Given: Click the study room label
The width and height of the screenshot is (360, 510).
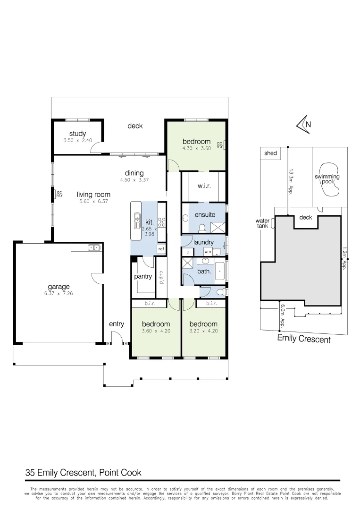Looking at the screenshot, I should tap(77, 134).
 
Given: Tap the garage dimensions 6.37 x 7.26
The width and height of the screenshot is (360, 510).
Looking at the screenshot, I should tap(59, 293).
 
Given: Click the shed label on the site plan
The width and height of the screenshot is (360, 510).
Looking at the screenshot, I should tap(270, 153).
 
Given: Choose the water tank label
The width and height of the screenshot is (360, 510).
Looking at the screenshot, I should tap(262, 223).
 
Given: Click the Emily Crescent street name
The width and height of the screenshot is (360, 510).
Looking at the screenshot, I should tap(303, 339).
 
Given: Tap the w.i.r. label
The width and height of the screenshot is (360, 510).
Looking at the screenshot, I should tap(204, 186).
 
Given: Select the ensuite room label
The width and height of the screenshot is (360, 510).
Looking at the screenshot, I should tap(205, 214).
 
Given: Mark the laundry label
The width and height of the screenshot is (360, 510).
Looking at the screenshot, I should tap(204, 242).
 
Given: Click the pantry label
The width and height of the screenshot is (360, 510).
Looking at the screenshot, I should tap(143, 276).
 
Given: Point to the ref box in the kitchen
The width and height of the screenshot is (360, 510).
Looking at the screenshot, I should tap(161, 249).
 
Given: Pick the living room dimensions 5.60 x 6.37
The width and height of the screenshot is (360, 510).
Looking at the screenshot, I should tap(94, 201).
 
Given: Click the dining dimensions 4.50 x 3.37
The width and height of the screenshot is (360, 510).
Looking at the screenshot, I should tap(134, 179).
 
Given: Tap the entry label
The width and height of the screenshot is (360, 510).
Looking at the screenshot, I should tap(116, 324).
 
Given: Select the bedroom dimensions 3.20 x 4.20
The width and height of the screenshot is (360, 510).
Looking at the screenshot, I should tap(203, 331).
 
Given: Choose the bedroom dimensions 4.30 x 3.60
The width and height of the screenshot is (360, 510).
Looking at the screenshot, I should tap(196, 148).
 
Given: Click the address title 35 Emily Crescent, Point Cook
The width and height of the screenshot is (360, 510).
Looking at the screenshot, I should tap(83, 472).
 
